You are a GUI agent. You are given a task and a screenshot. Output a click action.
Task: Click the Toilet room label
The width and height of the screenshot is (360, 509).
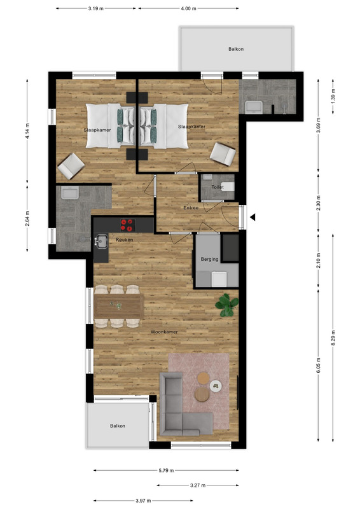[x=218, y=187]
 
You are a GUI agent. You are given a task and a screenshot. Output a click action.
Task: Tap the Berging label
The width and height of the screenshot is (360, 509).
[x=209, y=259]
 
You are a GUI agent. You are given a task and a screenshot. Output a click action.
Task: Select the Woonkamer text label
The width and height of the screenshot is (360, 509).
[x=164, y=331]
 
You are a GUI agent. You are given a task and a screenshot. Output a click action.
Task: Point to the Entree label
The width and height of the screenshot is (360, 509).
[x=191, y=208]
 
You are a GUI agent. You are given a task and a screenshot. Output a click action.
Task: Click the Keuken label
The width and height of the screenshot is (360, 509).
[x=125, y=240]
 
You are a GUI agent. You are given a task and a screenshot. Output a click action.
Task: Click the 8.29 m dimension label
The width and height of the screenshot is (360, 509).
[x=333, y=338]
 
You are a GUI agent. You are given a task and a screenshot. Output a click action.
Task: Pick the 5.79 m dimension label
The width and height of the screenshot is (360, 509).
[x=166, y=470]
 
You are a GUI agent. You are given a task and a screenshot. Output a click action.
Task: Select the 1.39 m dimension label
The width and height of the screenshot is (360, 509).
[x=333, y=97]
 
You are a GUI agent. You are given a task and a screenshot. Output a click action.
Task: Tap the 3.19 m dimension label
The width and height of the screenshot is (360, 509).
[x=96, y=8]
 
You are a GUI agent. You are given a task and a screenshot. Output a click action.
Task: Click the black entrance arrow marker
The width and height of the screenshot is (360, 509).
[x=253, y=217]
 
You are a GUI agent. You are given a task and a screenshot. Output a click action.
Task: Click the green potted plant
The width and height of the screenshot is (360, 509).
[x=227, y=305]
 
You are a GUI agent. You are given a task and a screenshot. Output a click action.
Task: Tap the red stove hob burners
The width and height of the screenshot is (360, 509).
[x=128, y=225]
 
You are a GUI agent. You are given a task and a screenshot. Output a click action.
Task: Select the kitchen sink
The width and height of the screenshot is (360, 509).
[x=102, y=242]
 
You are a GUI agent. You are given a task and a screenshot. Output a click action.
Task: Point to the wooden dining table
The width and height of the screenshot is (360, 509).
[x=119, y=307]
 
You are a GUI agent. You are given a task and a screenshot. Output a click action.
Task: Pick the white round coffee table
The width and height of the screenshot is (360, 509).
[x=215, y=386]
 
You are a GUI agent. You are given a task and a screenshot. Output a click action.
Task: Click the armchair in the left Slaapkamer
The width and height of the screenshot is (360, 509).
[x=71, y=166]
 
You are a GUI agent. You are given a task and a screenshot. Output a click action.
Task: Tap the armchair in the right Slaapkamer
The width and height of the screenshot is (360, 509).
[x=223, y=154]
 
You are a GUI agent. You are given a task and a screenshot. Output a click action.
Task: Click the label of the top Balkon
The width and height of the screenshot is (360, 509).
[x=236, y=49]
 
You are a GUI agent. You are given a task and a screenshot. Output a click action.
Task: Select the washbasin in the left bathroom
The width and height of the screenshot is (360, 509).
[x=70, y=193]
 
